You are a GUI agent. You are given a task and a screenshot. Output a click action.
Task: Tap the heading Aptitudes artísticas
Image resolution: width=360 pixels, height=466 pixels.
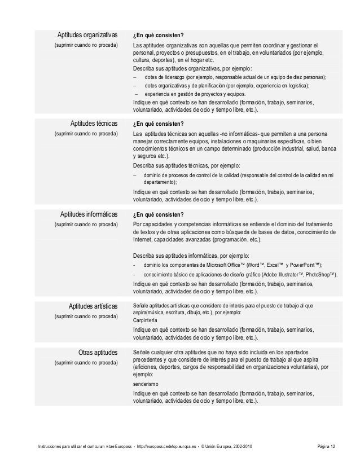coord(93,306)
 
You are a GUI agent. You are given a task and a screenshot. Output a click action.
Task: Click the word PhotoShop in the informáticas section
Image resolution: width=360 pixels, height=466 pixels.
coord(321,275)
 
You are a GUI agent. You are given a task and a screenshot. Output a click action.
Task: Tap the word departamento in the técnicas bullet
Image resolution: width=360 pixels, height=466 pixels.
coord(159,183)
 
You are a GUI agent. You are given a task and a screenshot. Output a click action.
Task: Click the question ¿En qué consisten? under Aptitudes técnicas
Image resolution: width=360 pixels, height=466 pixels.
coord(159,123)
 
